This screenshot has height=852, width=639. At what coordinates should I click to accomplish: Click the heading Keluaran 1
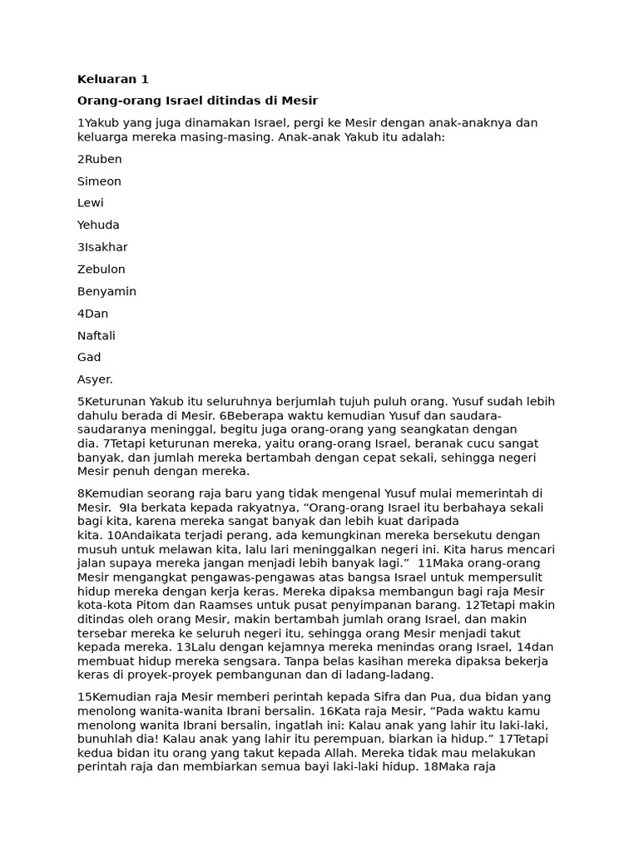[112, 80]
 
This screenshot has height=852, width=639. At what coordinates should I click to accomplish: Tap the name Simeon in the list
[99, 181]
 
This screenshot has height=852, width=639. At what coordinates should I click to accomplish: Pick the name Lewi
[91, 203]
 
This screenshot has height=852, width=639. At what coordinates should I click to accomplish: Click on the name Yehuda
[98, 225]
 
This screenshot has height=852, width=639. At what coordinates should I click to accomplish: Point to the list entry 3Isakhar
[102, 247]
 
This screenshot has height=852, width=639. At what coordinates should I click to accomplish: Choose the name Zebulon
[102, 270]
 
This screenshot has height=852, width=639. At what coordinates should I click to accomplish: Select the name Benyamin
[106, 292]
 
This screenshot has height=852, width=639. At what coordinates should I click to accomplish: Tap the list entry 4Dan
[92, 314]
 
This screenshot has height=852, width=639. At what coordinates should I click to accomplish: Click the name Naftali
[97, 336]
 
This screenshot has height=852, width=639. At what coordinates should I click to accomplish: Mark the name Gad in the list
[89, 358]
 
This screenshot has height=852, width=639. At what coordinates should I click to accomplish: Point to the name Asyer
[95, 379]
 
